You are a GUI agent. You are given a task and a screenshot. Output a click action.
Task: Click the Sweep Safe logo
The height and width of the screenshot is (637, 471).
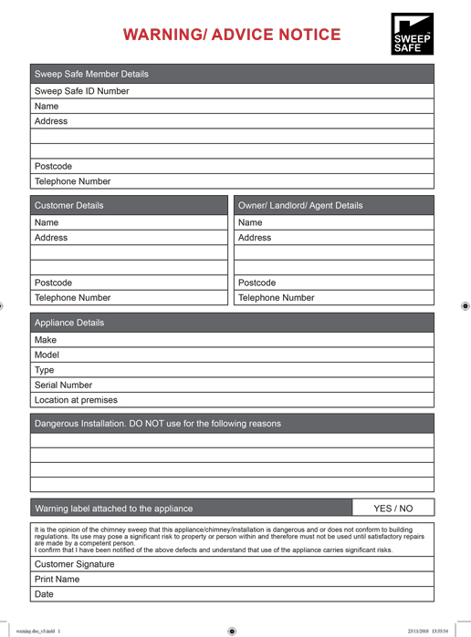click(411, 36)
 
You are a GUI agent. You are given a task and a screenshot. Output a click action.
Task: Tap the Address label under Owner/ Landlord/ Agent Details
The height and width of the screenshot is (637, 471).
click(255, 238)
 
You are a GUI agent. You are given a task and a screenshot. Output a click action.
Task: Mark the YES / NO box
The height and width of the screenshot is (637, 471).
click(393, 509)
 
